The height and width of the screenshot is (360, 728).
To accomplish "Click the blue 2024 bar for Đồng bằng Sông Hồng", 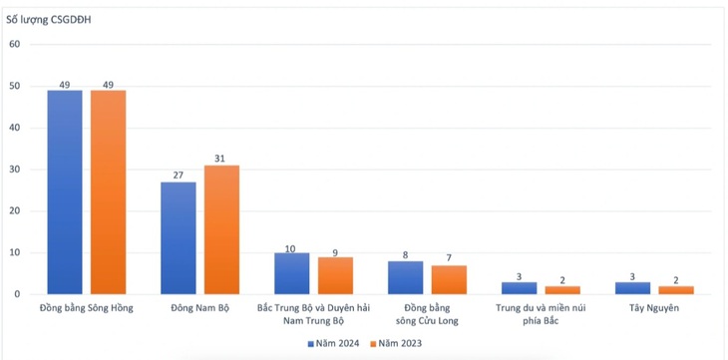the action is tap(65, 191).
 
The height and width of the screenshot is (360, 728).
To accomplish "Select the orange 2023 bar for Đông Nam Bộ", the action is tap(222, 229).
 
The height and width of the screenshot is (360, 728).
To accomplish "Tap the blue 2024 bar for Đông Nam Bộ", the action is tap(179, 237).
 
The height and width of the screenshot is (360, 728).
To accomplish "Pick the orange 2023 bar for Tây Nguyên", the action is tap(676, 290).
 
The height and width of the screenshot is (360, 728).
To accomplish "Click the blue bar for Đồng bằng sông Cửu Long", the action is tap(405, 277).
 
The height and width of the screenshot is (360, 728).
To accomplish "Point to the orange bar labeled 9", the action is tap(335, 275).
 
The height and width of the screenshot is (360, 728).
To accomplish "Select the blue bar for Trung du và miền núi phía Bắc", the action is tap(519, 288).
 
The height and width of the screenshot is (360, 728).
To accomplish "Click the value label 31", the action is tap(219, 159).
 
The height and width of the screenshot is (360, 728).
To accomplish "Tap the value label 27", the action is tap(179, 176).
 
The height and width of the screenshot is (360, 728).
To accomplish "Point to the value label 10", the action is tap(290, 248).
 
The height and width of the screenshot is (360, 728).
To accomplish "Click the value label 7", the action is tap(449, 257).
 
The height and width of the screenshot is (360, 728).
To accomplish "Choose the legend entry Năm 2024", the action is tap(333, 344).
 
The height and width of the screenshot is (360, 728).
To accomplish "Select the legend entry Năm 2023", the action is tap(396, 344).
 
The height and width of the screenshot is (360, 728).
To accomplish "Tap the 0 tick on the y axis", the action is tap(18, 294).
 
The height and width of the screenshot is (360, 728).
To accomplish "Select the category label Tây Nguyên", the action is tap(654, 308).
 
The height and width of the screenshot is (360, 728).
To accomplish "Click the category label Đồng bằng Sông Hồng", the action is tap(87, 308).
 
